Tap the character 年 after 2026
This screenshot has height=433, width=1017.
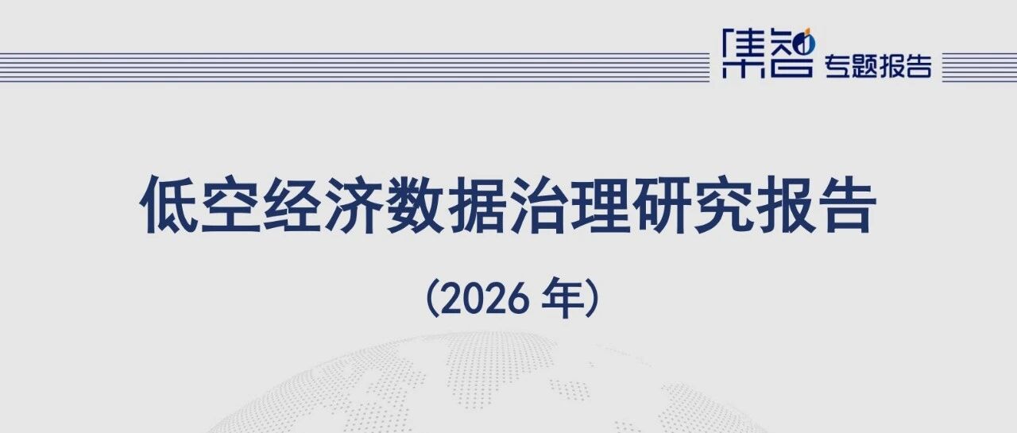(x=562, y=298)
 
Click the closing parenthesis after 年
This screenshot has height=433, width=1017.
(x=592, y=298)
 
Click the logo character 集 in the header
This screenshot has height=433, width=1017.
(x=742, y=53)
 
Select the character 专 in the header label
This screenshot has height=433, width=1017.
(x=837, y=66)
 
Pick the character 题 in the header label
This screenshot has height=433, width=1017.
(x=864, y=66)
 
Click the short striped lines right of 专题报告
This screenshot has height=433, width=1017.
(x=980, y=68)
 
